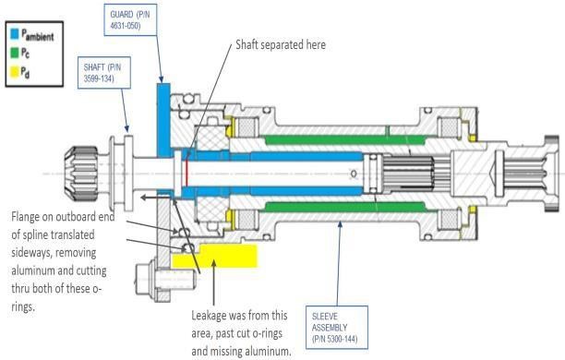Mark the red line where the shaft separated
(x=187, y=171)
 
